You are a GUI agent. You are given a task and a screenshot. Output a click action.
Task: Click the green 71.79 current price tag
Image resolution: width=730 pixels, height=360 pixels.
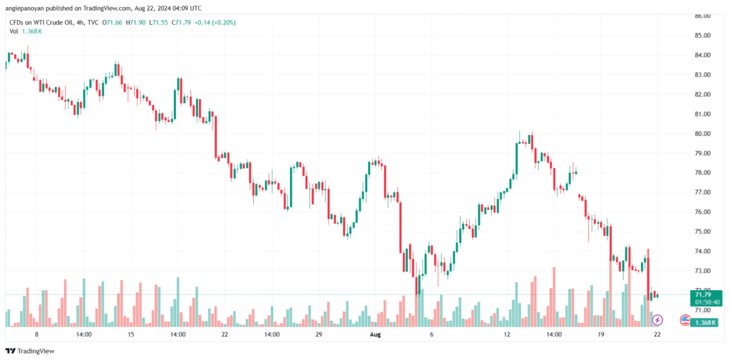704,294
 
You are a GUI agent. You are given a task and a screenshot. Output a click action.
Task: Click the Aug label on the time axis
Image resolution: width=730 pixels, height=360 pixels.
376,334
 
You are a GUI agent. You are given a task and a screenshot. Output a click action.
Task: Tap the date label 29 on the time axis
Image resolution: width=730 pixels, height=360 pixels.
319,334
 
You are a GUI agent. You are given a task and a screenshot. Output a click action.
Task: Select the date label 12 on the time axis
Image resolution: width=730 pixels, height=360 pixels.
508,334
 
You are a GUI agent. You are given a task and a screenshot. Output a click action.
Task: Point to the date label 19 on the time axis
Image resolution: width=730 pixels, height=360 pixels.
601,334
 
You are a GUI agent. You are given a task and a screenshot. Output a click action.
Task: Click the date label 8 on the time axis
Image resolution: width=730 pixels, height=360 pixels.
36,334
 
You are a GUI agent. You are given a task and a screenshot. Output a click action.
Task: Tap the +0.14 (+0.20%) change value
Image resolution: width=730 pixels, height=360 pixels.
216,23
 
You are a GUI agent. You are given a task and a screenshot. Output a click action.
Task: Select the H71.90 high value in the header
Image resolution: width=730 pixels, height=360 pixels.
137,23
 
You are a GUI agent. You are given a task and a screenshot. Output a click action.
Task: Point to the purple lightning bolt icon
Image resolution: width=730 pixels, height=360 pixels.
658,320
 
